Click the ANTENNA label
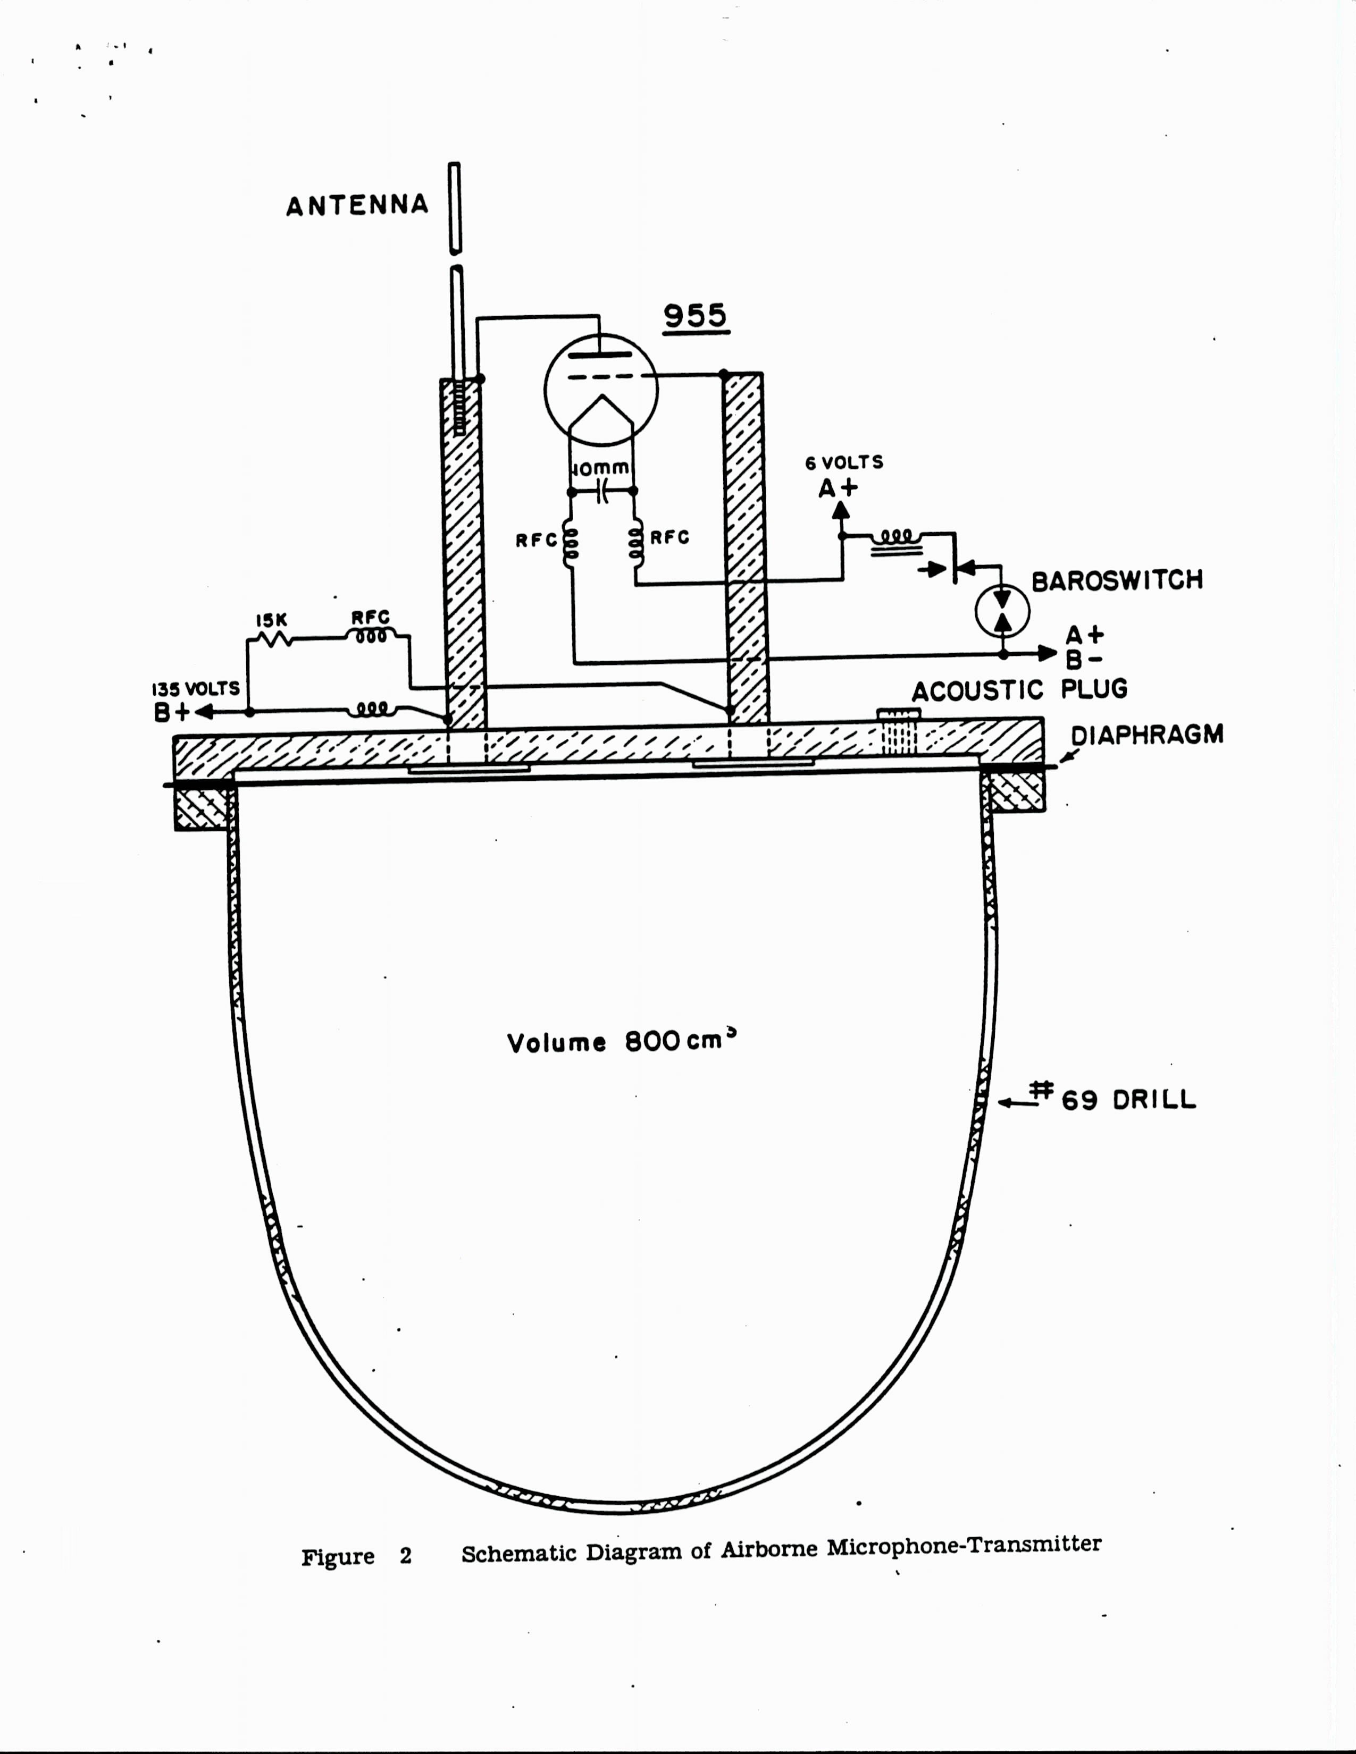(x=357, y=206)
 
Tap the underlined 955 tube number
(x=695, y=316)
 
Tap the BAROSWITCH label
(x=1117, y=580)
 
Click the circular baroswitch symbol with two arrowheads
(x=1002, y=612)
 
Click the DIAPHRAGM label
(x=1146, y=734)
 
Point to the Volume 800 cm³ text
(x=622, y=1042)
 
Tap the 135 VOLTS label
(x=196, y=689)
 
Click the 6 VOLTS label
(x=843, y=462)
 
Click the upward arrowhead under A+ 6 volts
(x=841, y=511)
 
